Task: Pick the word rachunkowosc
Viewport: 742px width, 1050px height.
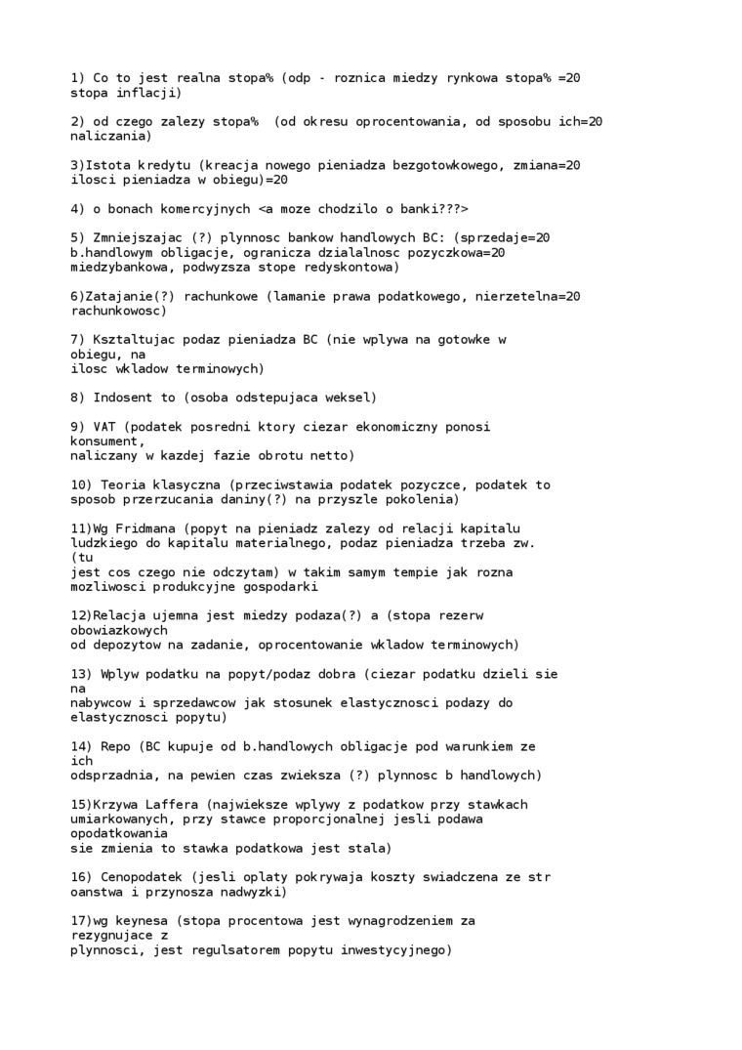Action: click(117, 311)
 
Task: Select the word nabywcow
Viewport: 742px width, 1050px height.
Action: click(103, 702)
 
